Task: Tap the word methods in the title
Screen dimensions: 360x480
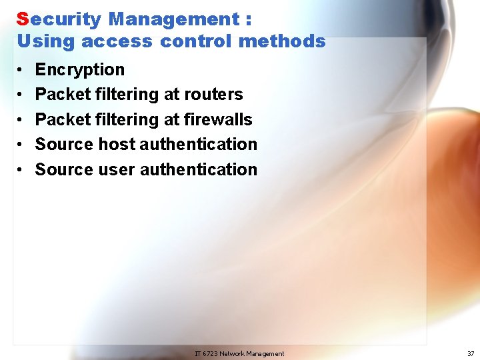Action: pos(281,41)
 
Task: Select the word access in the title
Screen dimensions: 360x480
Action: pos(117,41)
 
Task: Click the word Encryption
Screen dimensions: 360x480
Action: pos(80,70)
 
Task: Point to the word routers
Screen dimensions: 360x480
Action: pos(215,95)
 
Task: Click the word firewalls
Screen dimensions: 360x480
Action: pos(220,120)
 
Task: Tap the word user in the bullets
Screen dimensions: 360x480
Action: pos(117,170)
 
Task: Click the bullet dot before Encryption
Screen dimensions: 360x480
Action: pos(21,70)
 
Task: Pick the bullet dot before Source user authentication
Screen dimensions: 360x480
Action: pos(21,170)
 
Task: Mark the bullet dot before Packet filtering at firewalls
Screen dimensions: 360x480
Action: pos(21,120)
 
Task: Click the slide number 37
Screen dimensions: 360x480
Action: pos(471,353)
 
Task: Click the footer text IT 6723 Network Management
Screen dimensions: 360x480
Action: pos(239,353)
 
